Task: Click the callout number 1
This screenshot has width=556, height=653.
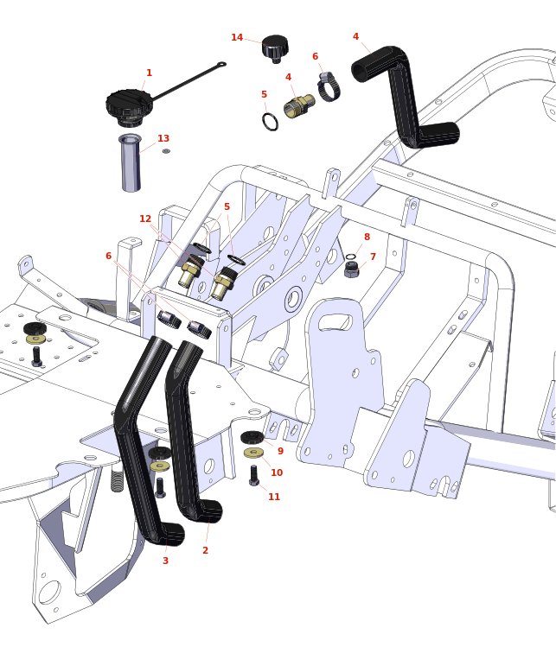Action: (x=149, y=73)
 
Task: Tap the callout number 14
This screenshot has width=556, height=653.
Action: (x=237, y=37)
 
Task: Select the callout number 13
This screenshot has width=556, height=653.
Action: (x=163, y=139)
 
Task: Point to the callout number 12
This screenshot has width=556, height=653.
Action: (x=145, y=219)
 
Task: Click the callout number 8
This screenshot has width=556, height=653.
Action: (x=367, y=237)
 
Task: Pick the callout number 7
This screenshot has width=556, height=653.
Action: (x=373, y=257)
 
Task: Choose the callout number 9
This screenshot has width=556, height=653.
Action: (x=280, y=451)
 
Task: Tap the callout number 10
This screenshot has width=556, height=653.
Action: (x=277, y=472)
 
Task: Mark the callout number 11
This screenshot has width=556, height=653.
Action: (x=274, y=497)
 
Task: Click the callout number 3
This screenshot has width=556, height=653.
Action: (x=165, y=561)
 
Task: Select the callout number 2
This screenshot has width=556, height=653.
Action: (x=205, y=550)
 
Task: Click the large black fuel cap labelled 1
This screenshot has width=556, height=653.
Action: (x=129, y=106)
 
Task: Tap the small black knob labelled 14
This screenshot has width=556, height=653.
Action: (x=275, y=47)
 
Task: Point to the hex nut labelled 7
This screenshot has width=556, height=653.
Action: (x=351, y=269)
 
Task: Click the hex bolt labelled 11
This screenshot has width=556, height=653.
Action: (x=253, y=475)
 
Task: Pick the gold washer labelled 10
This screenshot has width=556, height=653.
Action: (x=253, y=453)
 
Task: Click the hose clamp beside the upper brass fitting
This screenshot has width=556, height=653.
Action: (x=329, y=88)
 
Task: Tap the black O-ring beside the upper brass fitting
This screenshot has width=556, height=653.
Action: (x=271, y=122)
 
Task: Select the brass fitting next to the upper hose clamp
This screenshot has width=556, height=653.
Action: (x=298, y=106)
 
